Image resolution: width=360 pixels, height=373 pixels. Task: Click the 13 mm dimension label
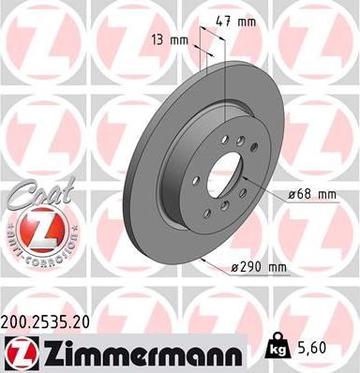[172, 40]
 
